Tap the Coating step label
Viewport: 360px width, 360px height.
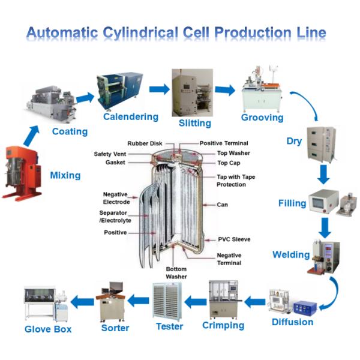(x=70, y=131)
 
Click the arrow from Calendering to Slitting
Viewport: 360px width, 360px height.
(x=159, y=89)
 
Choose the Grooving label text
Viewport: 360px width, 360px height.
(x=262, y=117)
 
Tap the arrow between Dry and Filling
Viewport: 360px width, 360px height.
(x=324, y=174)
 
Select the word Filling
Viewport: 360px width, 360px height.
(x=292, y=203)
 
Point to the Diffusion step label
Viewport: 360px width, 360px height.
(x=292, y=322)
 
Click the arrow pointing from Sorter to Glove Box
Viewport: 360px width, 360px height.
(x=82, y=301)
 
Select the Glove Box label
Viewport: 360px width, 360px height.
(x=48, y=329)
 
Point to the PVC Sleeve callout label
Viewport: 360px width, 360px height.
(x=234, y=239)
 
